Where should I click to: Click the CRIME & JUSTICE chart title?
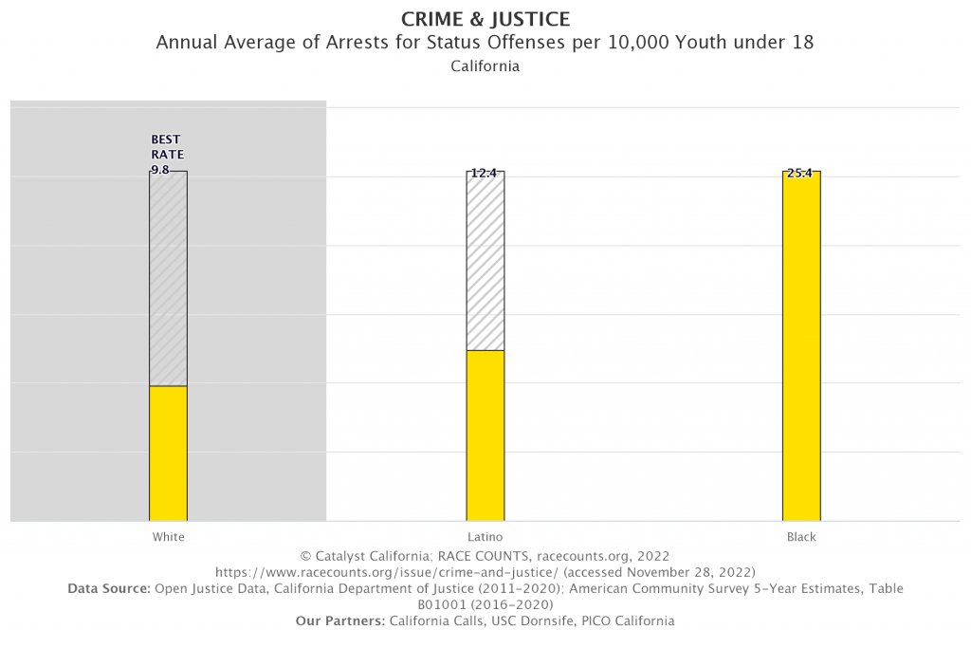tap(485, 18)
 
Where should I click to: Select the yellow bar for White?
tap(168, 453)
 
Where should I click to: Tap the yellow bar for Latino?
tap(485, 435)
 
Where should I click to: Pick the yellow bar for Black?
tap(801, 346)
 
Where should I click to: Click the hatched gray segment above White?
tap(168, 278)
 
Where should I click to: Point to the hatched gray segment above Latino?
tap(485, 261)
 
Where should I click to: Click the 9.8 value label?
tap(160, 171)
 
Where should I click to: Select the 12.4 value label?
tap(485, 174)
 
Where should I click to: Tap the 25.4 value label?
tap(800, 174)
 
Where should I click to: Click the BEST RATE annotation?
tap(167, 147)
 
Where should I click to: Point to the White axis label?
tap(168, 537)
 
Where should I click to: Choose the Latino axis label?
tap(485, 537)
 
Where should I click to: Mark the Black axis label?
tap(801, 537)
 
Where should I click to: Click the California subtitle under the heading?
tap(485, 67)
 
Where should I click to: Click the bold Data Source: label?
tap(109, 589)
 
